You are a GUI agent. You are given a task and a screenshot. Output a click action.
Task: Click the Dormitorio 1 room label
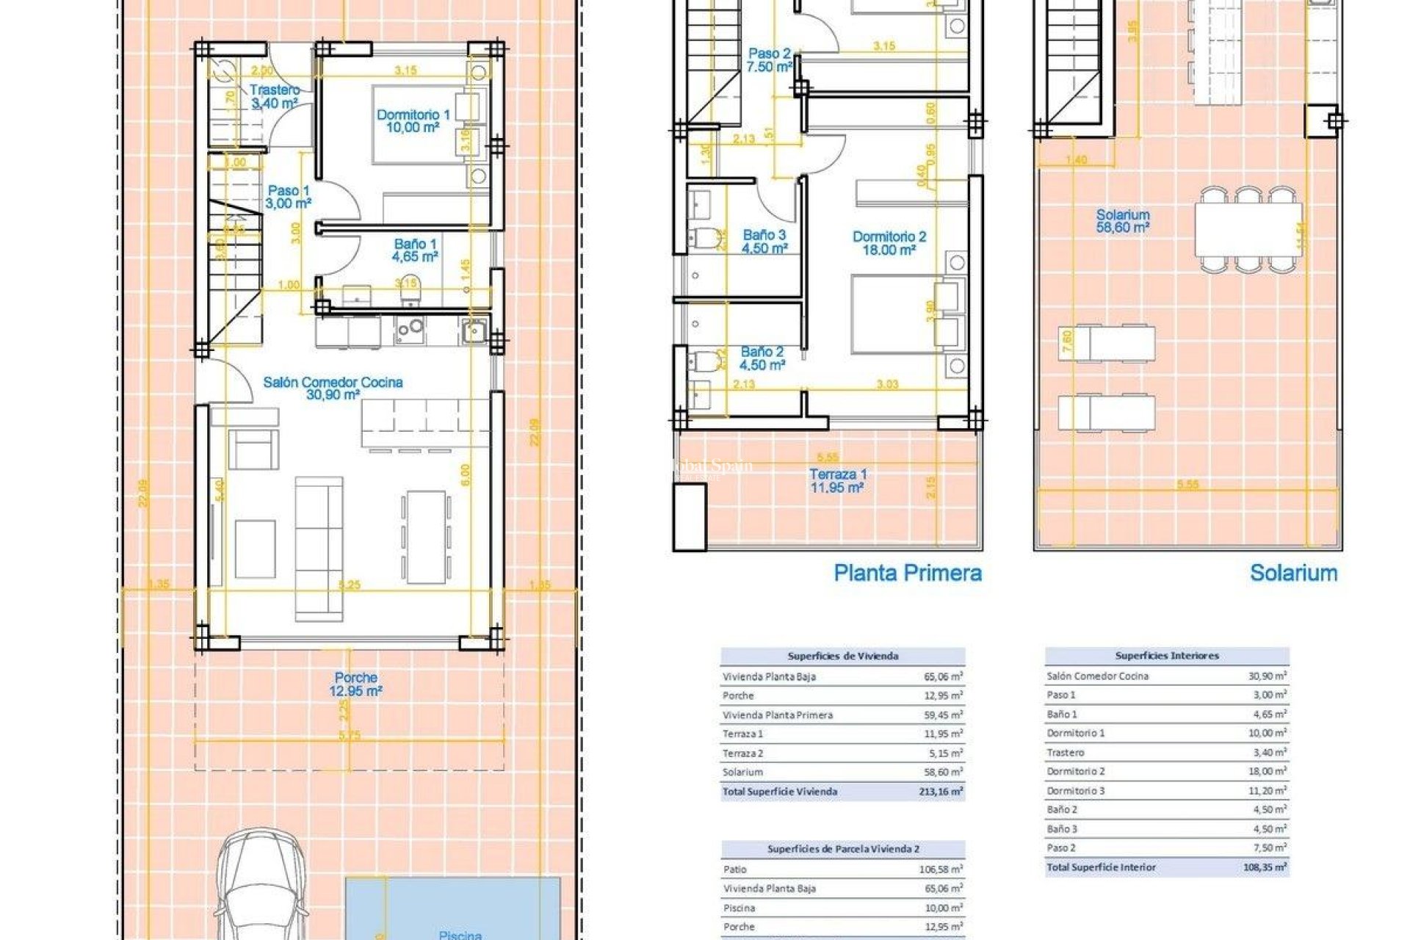tap(413, 120)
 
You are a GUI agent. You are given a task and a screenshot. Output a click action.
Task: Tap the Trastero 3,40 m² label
tap(274, 97)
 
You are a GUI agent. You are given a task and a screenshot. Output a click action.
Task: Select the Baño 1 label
tap(415, 250)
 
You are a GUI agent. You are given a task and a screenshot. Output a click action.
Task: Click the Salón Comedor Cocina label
tap(333, 388)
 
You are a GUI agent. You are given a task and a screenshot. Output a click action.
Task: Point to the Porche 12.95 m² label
tap(355, 684)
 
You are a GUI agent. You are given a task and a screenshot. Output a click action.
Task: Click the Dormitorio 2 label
tap(889, 243)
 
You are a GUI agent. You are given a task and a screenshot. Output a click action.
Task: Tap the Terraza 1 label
tap(837, 481)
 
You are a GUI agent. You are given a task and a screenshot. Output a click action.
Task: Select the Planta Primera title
tap(907, 573)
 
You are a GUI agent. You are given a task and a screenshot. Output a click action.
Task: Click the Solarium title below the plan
tap(1293, 573)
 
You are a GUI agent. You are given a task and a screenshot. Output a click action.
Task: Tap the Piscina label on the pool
tap(460, 934)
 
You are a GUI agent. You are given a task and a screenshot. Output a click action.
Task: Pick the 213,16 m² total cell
tap(940, 792)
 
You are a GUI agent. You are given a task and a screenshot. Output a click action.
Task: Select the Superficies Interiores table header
tap(1166, 656)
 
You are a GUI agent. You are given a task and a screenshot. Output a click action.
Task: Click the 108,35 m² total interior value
tap(1265, 867)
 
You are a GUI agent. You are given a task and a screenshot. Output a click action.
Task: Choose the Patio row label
tap(734, 869)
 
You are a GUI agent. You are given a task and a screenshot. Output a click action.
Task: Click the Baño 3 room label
tap(764, 242)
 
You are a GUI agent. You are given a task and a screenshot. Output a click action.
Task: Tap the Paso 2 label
tap(769, 60)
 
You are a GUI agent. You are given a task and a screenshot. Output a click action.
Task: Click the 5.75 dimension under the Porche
tap(350, 735)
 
